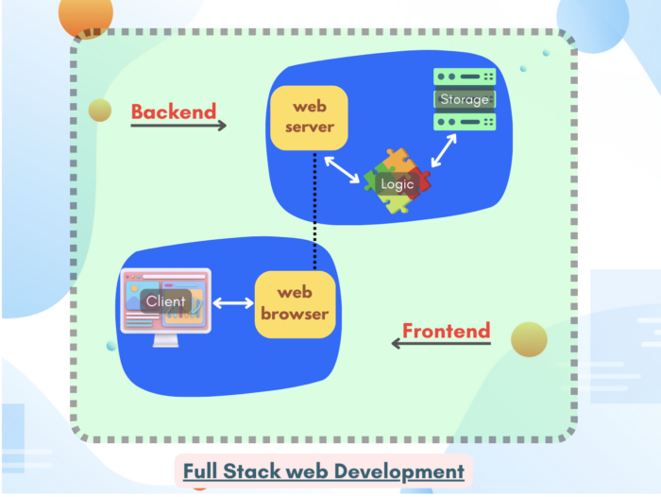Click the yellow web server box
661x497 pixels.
(308, 118)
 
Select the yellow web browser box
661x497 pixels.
(296, 302)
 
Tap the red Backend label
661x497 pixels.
(174, 111)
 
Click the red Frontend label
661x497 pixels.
(447, 331)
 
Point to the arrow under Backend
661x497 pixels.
(178, 126)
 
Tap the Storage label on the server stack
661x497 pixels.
(465, 99)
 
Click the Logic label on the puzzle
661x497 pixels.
(397, 184)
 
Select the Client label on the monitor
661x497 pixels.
(165, 301)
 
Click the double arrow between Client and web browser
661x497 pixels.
(233, 303)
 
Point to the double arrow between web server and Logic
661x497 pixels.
(341, 169)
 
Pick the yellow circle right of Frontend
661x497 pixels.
(529, 340)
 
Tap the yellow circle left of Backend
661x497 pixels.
(100, 111)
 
